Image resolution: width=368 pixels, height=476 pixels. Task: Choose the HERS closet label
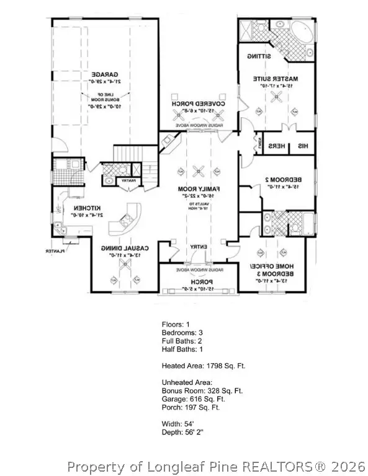pos(277,147)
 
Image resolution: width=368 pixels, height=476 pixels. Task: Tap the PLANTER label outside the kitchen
pos(55,251)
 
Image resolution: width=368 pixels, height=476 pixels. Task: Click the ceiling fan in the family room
pos(198,172)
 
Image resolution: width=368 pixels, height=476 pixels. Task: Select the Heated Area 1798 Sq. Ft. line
pos(203,366)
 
